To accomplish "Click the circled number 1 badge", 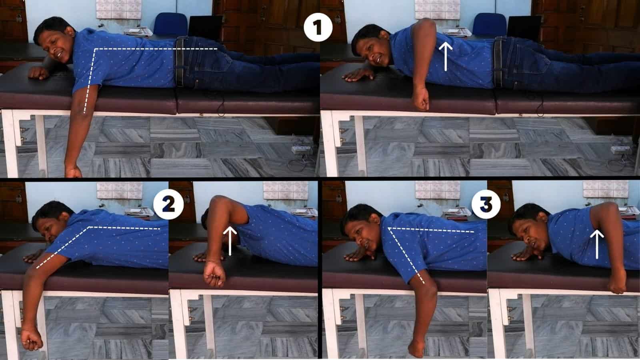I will (x=318, y=28).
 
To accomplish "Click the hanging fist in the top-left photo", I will (x=73, y=171).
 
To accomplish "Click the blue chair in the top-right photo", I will (x=489, y=24).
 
